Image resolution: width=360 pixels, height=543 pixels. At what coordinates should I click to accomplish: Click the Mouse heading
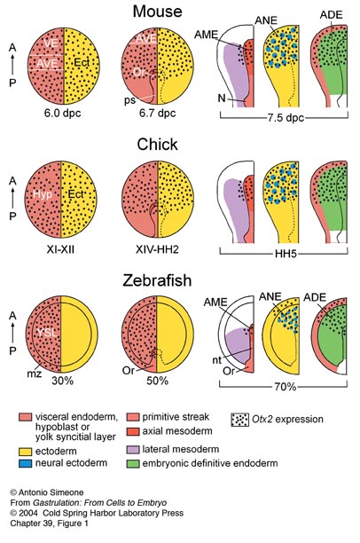[x=158, y=12]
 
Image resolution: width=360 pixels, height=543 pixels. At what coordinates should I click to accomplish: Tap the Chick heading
[x=158, y=145]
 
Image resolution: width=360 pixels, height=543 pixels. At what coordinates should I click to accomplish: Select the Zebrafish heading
[x=157, y=280]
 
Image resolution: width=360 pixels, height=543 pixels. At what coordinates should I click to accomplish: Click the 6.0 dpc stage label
[x=62, y=114]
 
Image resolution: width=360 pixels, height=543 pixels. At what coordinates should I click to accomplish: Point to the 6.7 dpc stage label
[x=158, y=114]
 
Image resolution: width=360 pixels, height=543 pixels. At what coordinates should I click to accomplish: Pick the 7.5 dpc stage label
[x=286, y=118]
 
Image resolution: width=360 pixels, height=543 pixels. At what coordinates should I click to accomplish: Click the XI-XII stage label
[x=60, y=249]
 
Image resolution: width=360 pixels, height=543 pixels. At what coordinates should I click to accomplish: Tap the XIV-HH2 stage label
[x=157, y=249]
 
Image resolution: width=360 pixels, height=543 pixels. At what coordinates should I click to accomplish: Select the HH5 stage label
[x=286, y=254]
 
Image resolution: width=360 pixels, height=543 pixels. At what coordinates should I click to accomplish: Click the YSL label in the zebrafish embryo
[x=47, y=333]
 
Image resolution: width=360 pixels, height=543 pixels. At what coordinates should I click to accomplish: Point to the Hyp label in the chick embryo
[x=43, y=194]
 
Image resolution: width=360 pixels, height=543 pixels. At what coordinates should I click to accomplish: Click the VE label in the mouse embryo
[x=51, y=43]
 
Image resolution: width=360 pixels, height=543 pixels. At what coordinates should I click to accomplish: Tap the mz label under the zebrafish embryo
[x=35, y=374]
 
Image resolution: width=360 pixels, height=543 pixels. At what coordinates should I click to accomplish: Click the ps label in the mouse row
[x=130, y=100]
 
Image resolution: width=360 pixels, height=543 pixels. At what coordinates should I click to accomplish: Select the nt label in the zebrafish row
[x=216, y=360]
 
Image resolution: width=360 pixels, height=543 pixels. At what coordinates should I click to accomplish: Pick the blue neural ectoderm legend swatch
[x=25, y=463]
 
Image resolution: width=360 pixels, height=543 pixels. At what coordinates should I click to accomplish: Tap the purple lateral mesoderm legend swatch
[x=133, y=450]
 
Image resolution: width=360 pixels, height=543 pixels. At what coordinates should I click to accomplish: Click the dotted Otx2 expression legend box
[x=239, y=420]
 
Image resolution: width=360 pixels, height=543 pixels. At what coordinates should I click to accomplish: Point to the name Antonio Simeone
[x=51, y=492]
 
